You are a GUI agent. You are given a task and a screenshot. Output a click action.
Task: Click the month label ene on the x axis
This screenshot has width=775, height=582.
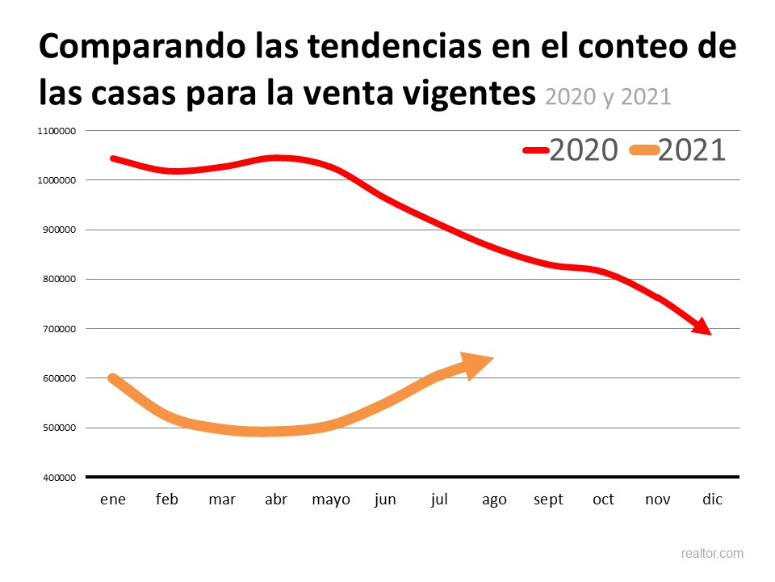tap(113, 500)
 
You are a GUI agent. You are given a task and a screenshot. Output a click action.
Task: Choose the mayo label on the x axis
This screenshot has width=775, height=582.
tap(331, 500)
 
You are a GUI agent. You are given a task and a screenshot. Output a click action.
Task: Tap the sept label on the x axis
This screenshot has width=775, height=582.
tap(549, 500)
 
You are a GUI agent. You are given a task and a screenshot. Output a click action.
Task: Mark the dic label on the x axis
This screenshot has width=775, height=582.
tap(712, 500)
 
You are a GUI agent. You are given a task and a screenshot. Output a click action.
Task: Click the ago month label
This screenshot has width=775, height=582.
tap(494, 500)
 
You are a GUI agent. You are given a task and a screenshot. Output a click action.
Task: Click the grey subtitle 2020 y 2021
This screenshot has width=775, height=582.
tap(608, 96)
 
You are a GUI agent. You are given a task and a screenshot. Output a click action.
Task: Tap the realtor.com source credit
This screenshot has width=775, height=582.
tap(712, 554)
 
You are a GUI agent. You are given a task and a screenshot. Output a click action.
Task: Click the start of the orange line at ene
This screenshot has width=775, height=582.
tap(113, 378)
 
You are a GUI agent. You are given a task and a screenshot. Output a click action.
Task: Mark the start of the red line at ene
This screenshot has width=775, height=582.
tap(113, 158)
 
